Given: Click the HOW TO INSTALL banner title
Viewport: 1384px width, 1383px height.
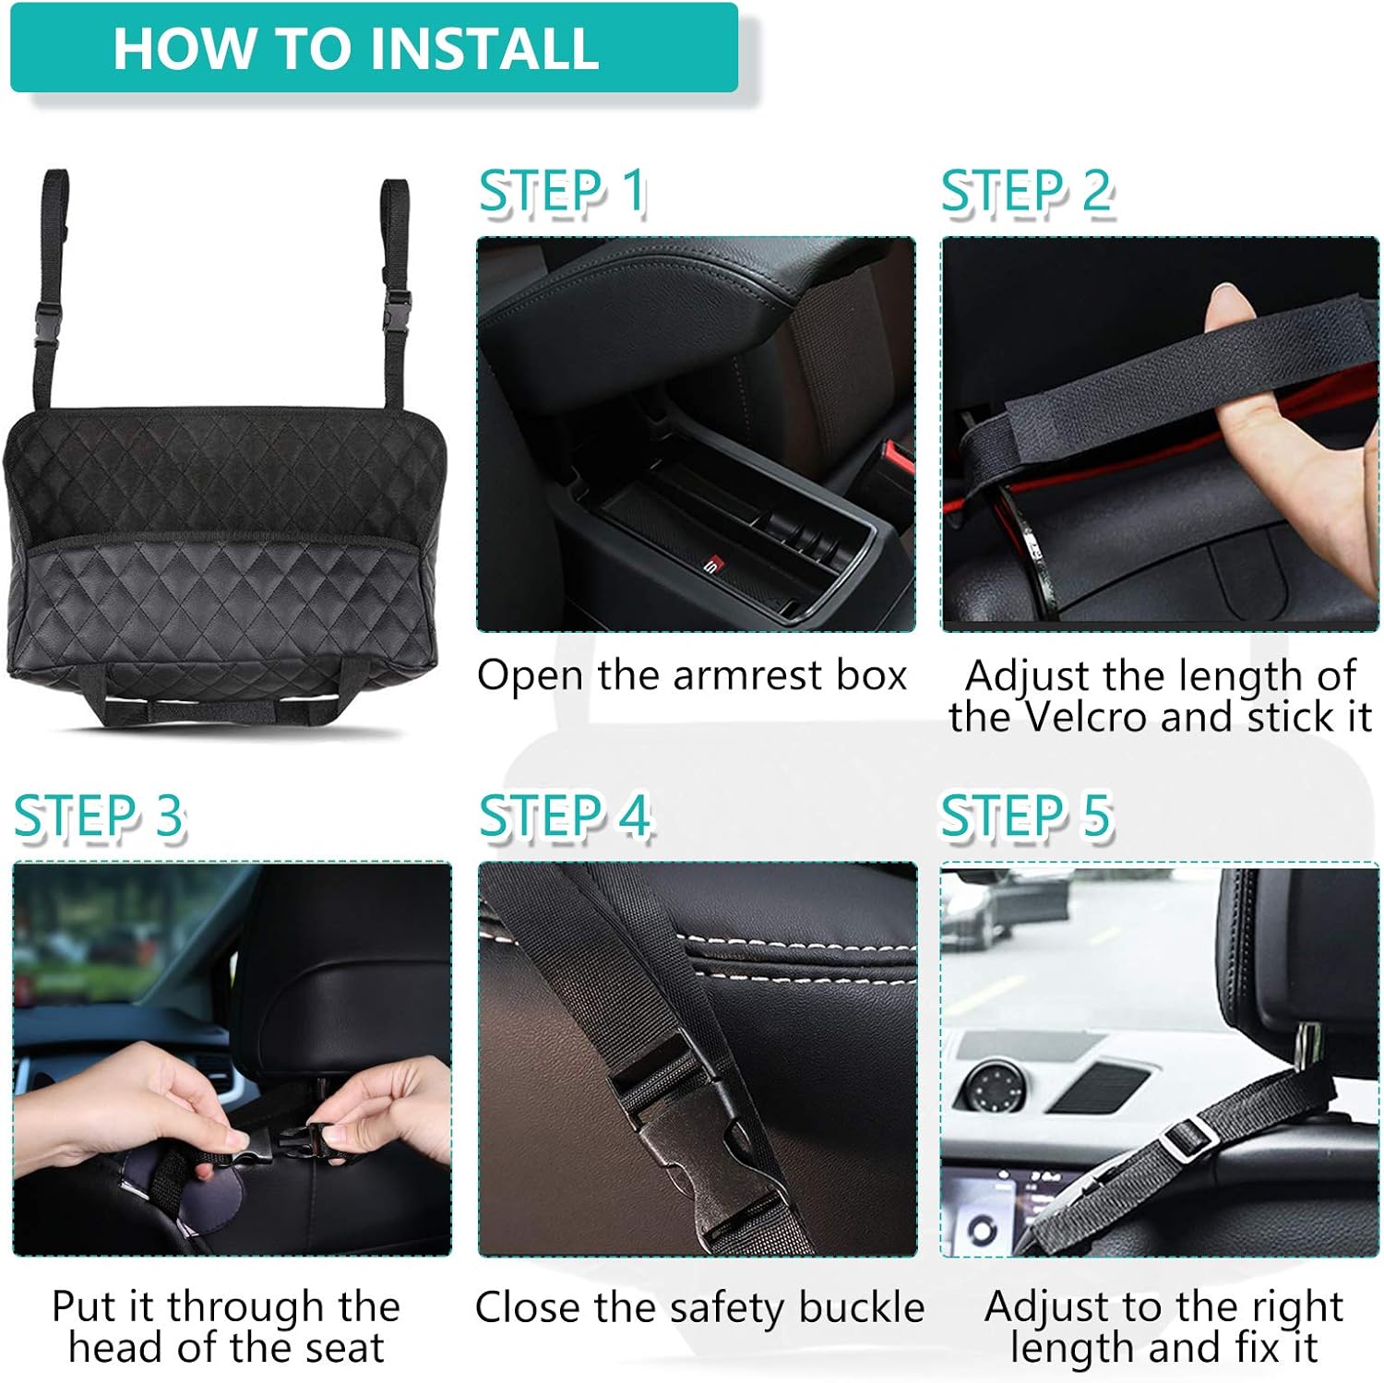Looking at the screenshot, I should [x=355, y=48].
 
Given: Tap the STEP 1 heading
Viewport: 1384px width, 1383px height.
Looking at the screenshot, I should [x=561, y=192].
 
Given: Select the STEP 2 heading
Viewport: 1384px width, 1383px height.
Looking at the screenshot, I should [x=1026, y=192].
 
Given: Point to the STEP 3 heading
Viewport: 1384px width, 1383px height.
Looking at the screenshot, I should [x=99, y=817].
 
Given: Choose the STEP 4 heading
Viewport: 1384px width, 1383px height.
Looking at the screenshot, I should [x=564, y=817].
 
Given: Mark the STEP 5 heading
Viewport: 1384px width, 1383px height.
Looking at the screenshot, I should [x=1025, y=817].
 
